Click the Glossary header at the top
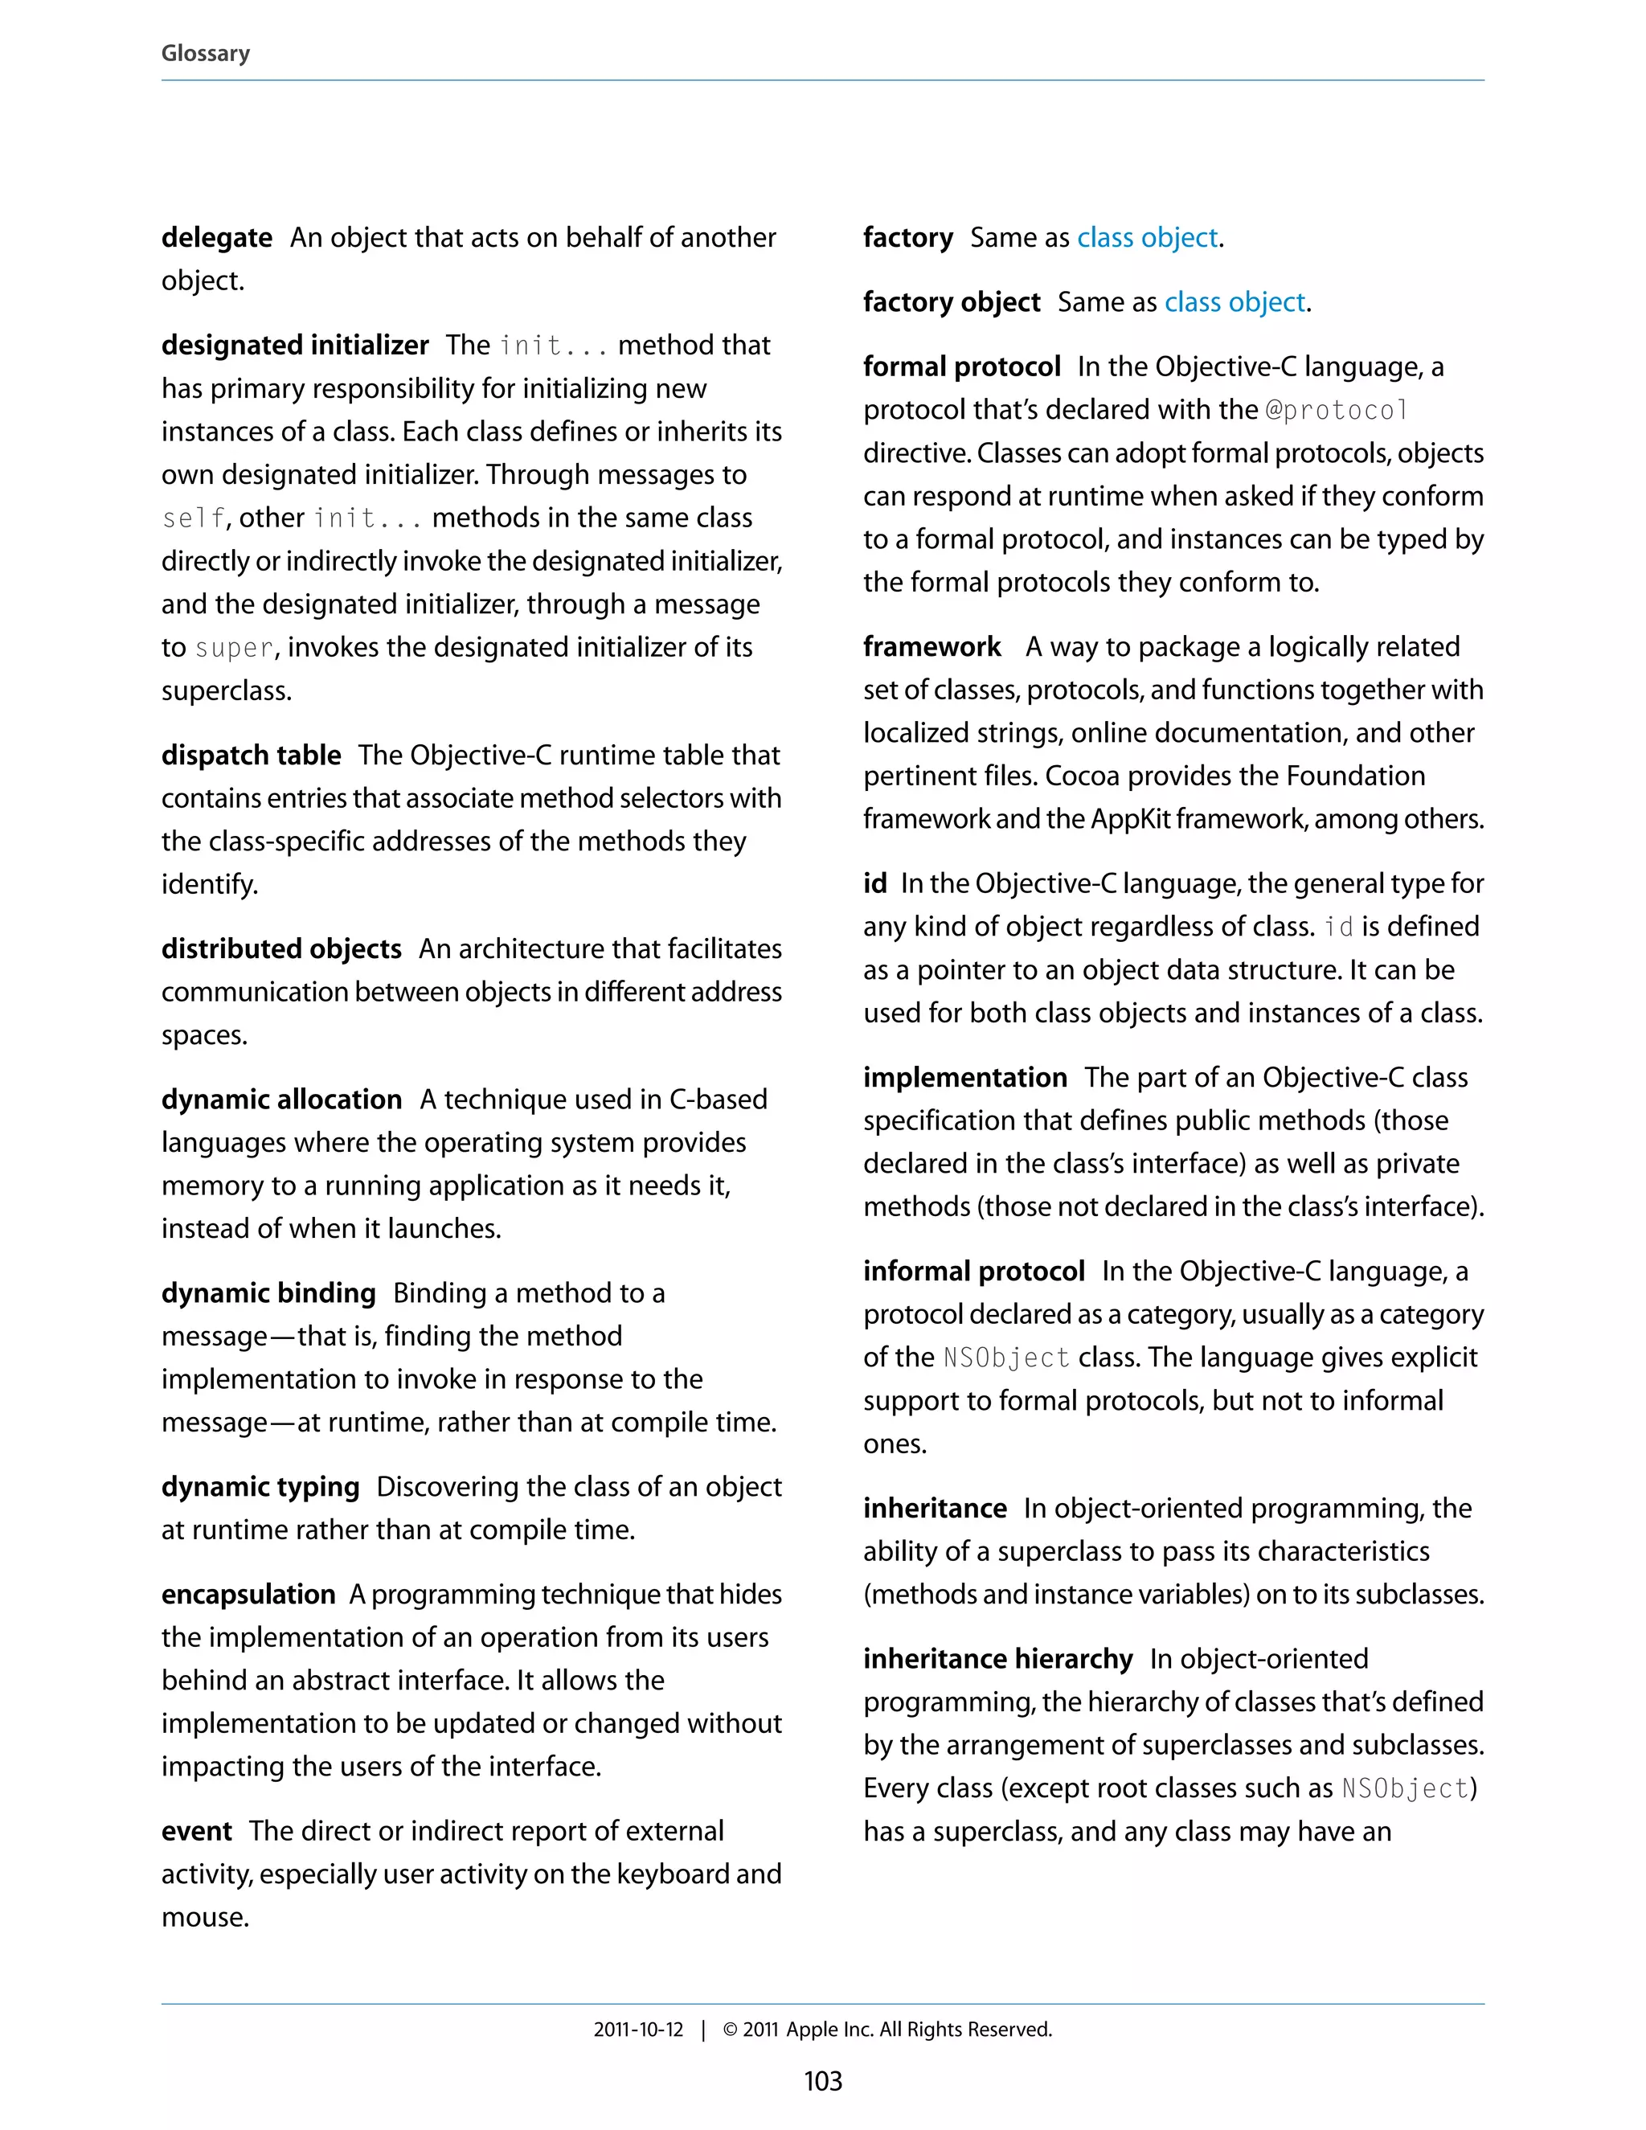click(x=205, y=53)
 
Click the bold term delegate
click(x=216, y=237)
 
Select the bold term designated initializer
click(x=294, y=346)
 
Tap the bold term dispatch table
click(x=251, y=755)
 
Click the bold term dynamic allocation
click(x=280, y=1099)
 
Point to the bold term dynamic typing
click(x=260, y=1486)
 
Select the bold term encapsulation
click(x=248, y=1594)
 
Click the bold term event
click(x=196, y=1830)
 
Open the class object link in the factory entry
click(x=1147, y=237)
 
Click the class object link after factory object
click(x=1234, y=302)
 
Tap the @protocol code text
click(x=1336, y=411)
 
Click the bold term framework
click(x=932, y=646)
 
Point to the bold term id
click(x=874, y=883)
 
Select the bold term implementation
click(x=964, y=1077)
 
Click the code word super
click(x=234, y=649)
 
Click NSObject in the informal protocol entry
click(x=1006, y=1358)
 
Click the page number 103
click(x=822, y=2081)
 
